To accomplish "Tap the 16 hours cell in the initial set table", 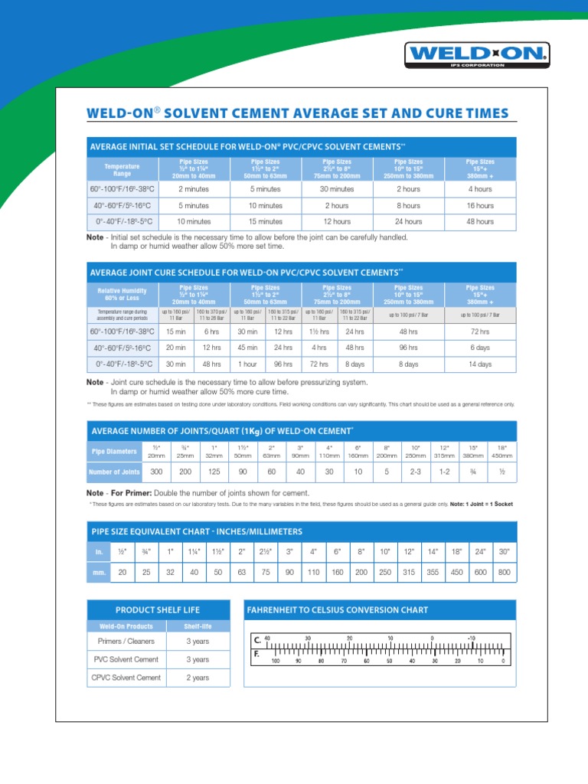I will [480, 205].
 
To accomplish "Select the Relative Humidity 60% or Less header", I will [122, 295].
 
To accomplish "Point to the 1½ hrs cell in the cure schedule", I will [319, 332].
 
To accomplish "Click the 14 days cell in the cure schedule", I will [480, 364].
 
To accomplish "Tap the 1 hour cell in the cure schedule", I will [247, 364].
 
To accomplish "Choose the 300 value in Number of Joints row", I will [158, 472].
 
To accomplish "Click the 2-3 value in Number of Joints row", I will [415, 472].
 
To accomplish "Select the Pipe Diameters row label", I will [115, 451].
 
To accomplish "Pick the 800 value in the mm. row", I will [503, 572].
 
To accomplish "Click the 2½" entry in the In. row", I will [264, 551].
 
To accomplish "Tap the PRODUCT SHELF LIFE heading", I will [158, 609].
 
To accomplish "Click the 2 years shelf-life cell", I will [197, 678].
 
